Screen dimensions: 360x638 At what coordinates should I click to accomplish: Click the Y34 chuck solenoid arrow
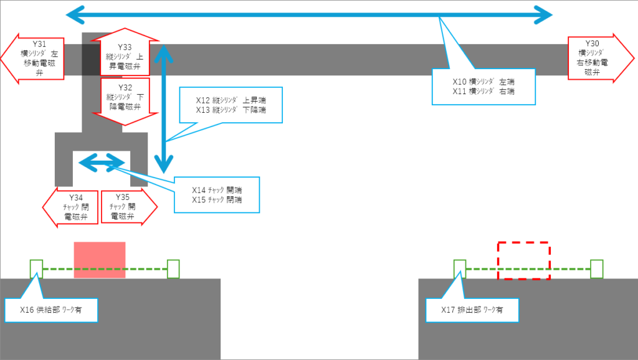click(x=70, y=208)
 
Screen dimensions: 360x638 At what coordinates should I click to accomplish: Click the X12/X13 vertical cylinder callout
click(x=230, y=105)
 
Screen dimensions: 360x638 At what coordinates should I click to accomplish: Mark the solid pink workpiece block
click(x=100, y=260)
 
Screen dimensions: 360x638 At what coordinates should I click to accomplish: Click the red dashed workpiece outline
click(x=523, y=260)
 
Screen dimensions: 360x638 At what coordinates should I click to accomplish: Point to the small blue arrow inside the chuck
click(x=101, y=163)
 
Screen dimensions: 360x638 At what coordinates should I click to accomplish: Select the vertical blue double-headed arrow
click(x=164, y=108)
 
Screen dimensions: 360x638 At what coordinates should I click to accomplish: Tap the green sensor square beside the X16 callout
click(x=36, y=269)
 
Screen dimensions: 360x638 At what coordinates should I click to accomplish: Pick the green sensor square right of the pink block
click(x=173, y=269)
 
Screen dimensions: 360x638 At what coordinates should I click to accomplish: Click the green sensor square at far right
click(x=596, y=269)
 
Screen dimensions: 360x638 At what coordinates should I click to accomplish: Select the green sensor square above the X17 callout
click(x=459, y=269)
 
